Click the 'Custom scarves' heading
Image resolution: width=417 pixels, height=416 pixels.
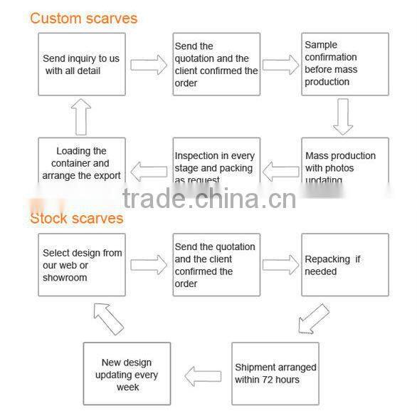click(83, 18)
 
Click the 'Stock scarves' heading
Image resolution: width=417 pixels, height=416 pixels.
click(76, 218)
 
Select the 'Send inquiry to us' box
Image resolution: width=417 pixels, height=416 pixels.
click(81, 64)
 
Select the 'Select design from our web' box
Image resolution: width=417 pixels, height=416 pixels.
click(82, 265)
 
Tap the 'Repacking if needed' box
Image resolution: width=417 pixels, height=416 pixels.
click(345, 265)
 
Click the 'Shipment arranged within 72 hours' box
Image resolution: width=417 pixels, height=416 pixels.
click(275, 373)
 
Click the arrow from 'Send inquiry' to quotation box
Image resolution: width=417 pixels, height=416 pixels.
click(149, 66)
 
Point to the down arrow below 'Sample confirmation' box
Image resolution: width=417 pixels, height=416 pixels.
click(343, 117)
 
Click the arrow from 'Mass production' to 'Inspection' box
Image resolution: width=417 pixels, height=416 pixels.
click(281, 171)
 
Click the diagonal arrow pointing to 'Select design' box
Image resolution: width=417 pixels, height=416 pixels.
click(108, 318)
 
